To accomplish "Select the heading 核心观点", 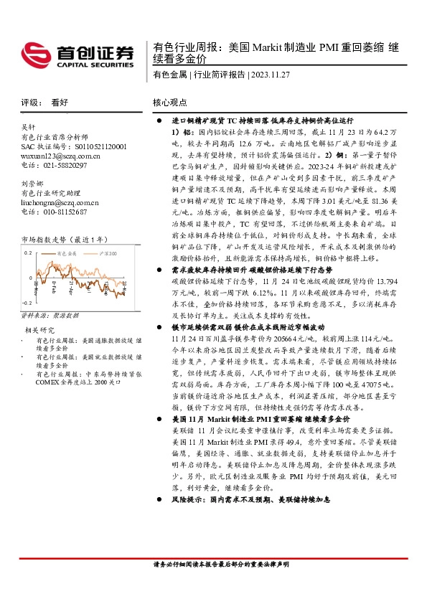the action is pos(170,103).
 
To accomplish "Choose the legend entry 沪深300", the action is pos(108,254).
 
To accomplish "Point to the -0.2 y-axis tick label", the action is pos(27,304).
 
